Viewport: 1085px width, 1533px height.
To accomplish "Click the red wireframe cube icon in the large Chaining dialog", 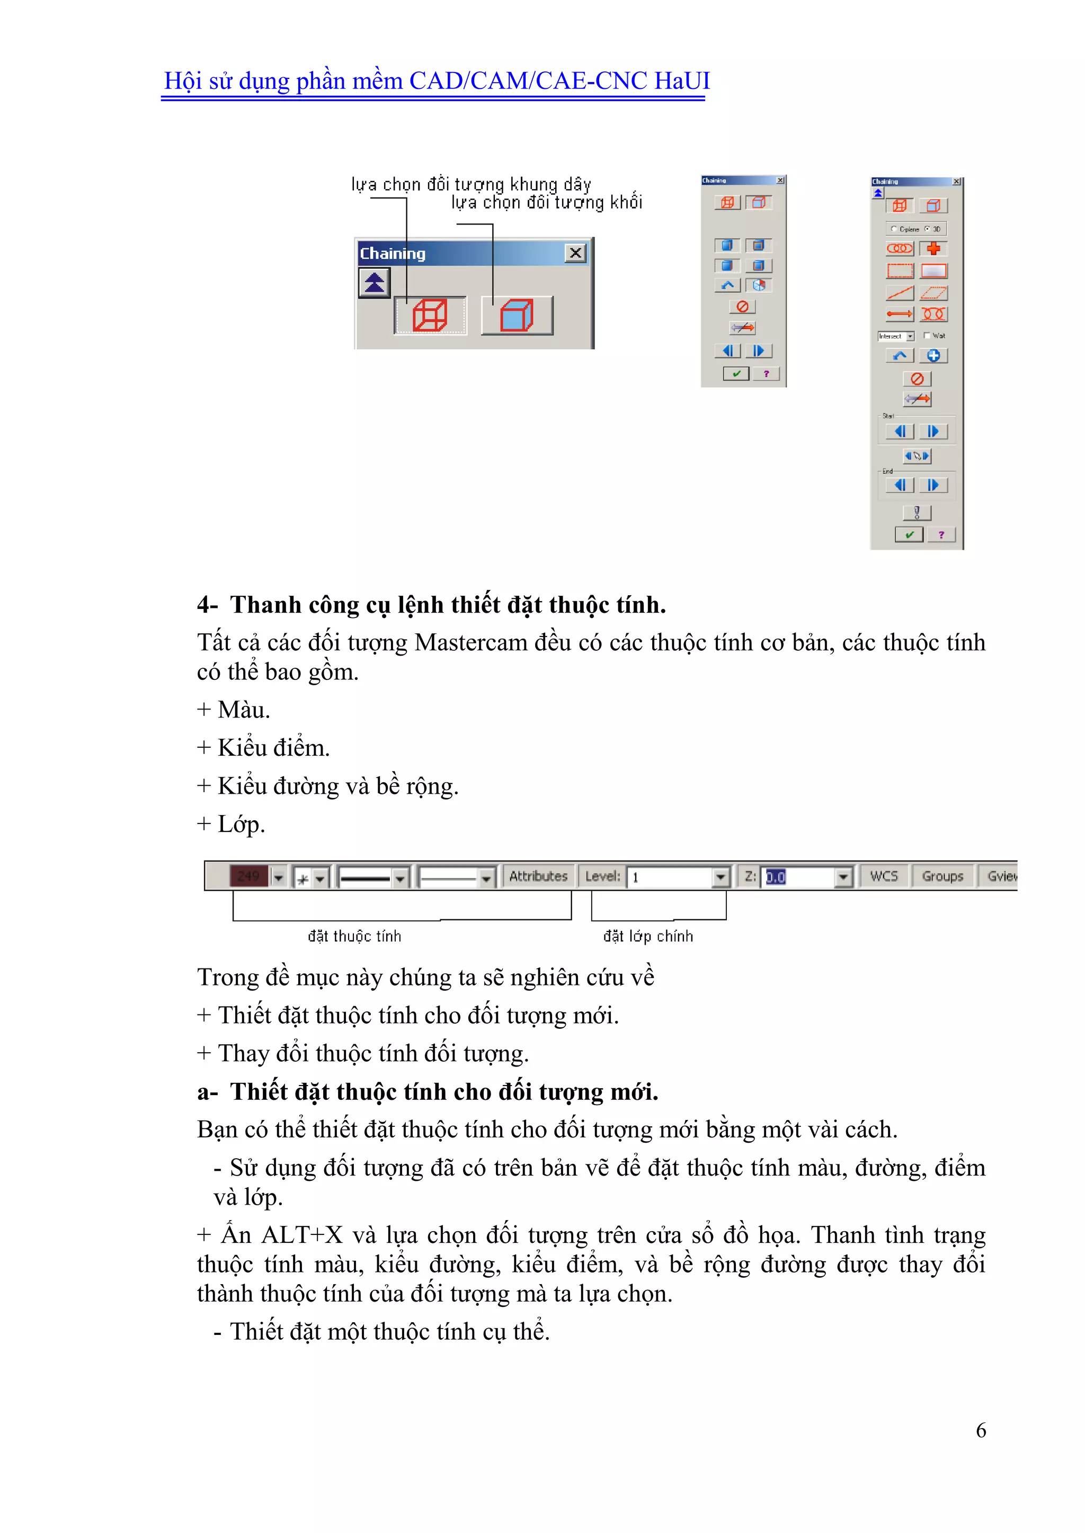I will [x=430, y=315].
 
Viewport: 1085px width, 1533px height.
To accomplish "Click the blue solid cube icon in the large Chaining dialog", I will [x=517, y=315].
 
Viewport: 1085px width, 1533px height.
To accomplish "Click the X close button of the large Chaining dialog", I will [x=575, y=253].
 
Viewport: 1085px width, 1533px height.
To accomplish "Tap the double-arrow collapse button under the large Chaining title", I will [x=374, y=282].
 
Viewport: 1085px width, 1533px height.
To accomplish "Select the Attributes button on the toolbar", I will [x=538, y=876].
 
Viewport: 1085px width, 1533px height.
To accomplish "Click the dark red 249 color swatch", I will [x=248, y=876].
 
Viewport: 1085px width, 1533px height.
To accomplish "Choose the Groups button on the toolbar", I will [x=942, y=876].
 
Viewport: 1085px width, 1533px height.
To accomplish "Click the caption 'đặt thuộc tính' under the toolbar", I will [x=354, y=936].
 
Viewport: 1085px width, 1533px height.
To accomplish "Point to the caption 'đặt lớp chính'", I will [x=648, y=936].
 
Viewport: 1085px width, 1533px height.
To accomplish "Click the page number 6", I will [x=980, y=1430].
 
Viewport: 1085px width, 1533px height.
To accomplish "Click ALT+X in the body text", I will [x=301, y=1235].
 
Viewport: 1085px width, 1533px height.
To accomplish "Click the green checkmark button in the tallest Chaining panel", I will [x=909, y=534].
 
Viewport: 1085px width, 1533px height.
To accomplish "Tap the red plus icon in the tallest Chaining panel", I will [x=933, y=248].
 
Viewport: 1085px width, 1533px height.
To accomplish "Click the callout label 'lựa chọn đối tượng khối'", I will [x=547, y=202].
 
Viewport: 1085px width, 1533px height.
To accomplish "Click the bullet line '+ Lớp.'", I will [x=231, y=824].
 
